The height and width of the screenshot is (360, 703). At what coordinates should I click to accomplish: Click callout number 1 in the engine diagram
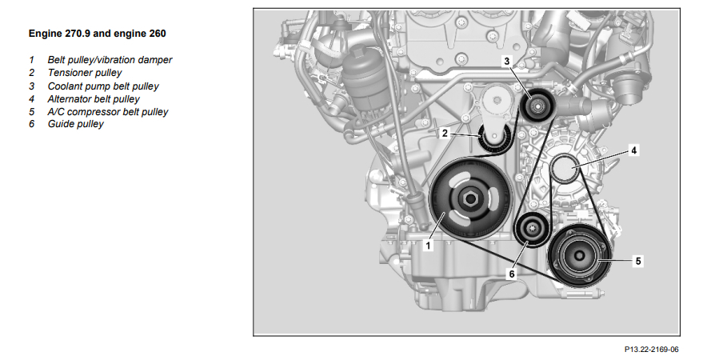coord(428,246)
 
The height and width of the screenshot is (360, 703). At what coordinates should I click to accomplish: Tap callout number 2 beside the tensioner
coord(445,133)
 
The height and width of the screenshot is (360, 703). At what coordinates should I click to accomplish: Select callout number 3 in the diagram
coord(506,61)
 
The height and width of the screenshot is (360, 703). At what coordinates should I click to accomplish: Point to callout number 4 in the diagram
coord(633,150)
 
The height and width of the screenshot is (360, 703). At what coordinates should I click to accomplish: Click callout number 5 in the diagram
coord(638,261)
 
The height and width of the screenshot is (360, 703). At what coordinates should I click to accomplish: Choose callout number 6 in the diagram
coord(512,274)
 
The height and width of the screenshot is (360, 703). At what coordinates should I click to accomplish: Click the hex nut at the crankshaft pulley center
coord(469,198)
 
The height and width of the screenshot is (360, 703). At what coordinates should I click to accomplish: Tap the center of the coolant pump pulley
coord(537,106)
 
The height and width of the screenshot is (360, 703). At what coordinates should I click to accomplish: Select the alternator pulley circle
coord(565,168)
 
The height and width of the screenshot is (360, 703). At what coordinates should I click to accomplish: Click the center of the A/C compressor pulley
coord(578,256)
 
